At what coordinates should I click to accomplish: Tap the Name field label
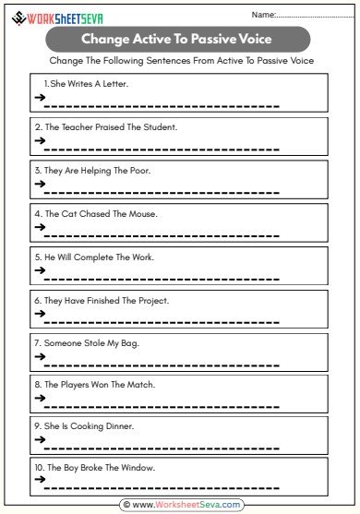point(263,15)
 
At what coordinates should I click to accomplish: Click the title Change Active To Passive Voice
point(179,39)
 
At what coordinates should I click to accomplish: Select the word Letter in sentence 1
point(115,84)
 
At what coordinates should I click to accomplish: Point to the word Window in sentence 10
point(138,468)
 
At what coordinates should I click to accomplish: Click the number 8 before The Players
point(38,384)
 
